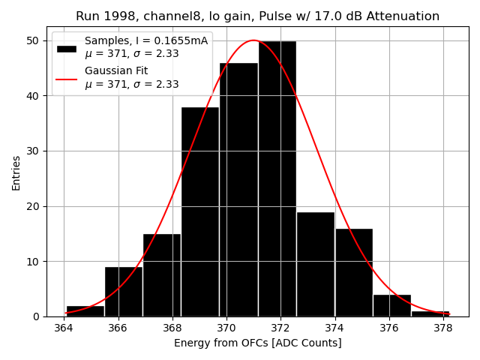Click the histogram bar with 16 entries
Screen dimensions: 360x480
click(353, 272)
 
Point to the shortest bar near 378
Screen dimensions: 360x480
click(430, 313)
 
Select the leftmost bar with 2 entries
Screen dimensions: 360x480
click(85, 311)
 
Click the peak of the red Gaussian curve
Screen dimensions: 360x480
click(253, 40)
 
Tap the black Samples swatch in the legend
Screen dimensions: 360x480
click(67, 48)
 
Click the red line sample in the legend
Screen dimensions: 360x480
click(67, 78)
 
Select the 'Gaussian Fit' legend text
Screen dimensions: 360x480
click(116, 71)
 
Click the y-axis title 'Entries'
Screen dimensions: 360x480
click(16, 172)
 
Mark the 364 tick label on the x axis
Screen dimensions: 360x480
click(64, 328)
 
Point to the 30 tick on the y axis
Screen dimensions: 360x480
click(34, 151)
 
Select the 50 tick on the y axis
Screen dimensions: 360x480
click(34, 40)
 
